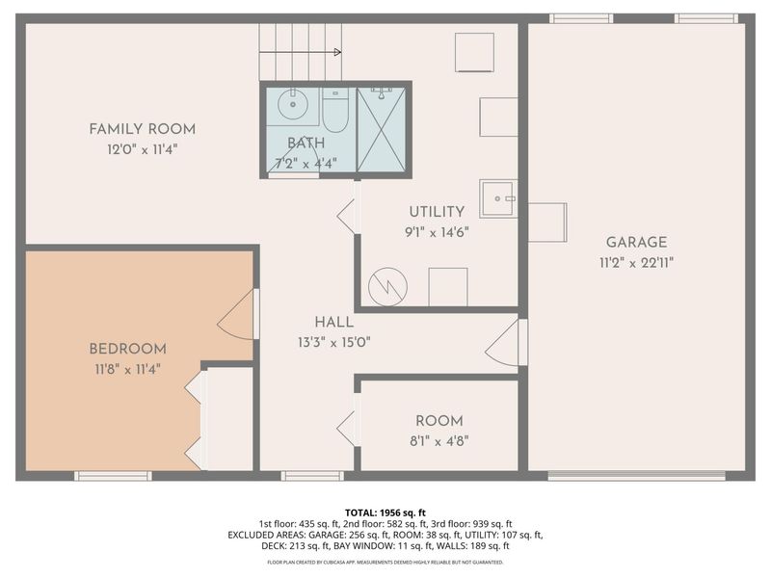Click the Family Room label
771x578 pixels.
(x=142, y=129)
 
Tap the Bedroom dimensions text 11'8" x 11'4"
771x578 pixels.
(x=127, y=368)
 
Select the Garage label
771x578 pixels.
(x=636, y=243)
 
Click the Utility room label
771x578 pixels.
(x=437, y=212)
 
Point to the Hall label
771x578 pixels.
(x=333, y=322)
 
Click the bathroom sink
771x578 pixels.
(x=291, y=102)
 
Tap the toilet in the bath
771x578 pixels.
(x=335, y=110)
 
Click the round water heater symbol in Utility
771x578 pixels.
(x=387, y=286)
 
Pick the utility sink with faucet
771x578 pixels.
(x=498, y=198)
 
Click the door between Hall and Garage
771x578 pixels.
(x=505, y=343)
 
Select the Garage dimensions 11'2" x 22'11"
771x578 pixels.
(x=636, y=262)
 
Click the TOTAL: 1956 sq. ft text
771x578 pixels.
(x=385, y=512)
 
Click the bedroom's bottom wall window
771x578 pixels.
(x=114, y=475)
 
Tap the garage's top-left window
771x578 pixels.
(x=581, y=17)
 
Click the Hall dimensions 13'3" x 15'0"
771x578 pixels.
(x=333, y=341)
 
